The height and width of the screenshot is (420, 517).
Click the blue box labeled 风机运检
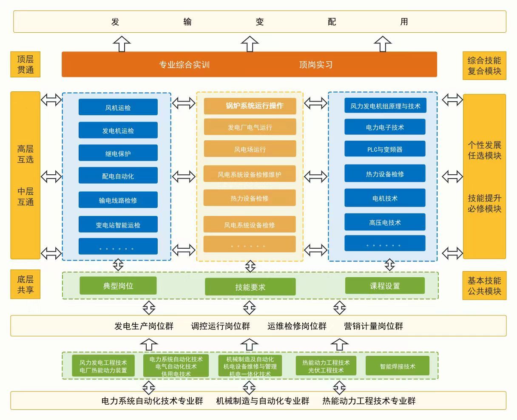[118, 108]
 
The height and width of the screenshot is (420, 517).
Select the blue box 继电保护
[118, 153]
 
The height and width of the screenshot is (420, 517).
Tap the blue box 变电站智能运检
[118, 224]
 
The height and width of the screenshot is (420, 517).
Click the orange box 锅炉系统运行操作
[250, 106]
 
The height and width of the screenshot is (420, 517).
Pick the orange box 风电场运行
[250, 149]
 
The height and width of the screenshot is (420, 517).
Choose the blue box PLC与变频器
[385, 149]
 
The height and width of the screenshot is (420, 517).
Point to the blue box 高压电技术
[385, 222]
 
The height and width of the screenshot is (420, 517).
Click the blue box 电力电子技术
[385, 127]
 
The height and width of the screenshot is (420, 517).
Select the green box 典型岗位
[118, 286]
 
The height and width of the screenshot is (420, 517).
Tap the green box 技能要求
[250, 287]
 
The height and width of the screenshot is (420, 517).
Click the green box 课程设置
[385, 286]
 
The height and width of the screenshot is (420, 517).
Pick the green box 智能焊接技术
[398, 366]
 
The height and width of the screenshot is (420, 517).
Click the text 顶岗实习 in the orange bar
[315, 65]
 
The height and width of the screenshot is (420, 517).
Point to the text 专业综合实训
[184, 65]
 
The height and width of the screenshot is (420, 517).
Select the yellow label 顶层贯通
[25, 65]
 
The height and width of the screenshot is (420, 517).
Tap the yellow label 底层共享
[25, 284]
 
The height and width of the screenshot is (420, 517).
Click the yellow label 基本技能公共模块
[484, 286]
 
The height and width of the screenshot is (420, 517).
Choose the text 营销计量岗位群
[373, 326]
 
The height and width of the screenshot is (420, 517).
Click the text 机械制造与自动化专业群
[262, 400]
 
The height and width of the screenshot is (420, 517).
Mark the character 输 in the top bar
[187, 22]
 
